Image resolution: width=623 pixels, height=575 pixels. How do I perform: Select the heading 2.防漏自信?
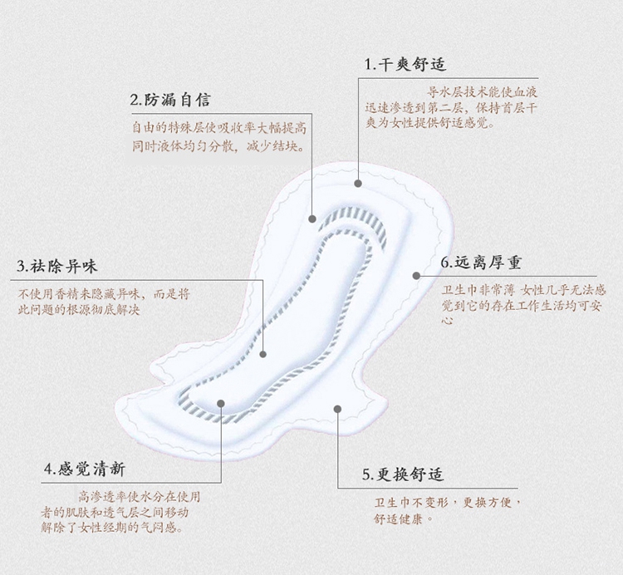pos(170,100)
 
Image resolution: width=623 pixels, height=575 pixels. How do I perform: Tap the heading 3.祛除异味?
pos(57,266)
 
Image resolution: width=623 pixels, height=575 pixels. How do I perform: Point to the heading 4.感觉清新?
pos(85,469)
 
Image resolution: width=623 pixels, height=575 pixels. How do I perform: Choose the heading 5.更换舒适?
pos(403,474)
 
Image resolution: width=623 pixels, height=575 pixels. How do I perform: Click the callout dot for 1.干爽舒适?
pos(358,182)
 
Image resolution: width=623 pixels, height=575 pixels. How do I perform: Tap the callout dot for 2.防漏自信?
pos(312,219)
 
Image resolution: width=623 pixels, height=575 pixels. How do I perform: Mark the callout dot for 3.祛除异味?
pos(263,354)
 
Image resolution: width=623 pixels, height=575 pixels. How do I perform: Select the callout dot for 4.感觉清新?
pos(222,405)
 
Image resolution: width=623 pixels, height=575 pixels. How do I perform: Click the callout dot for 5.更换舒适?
pos(338,407)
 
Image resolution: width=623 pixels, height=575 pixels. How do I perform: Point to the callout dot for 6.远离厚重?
pos(416,275)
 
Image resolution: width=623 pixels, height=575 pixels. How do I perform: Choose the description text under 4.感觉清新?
pos(120,512)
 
